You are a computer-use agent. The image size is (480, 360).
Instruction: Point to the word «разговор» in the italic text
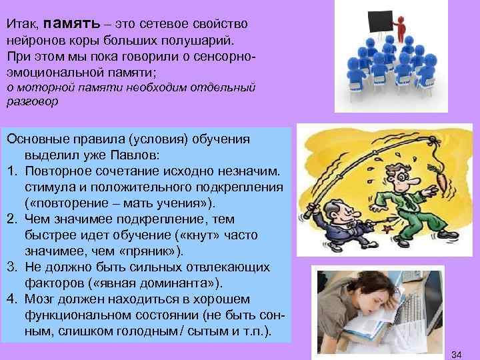pyautogui.click(x=33, y=102)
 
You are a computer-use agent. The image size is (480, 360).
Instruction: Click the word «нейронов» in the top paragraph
pyautogui.click(x=33, y=39)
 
